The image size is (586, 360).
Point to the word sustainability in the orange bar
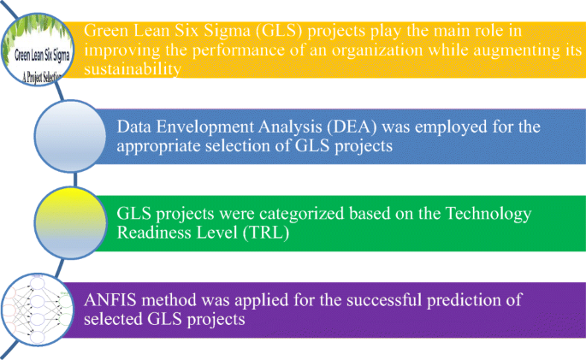(133, 70)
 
